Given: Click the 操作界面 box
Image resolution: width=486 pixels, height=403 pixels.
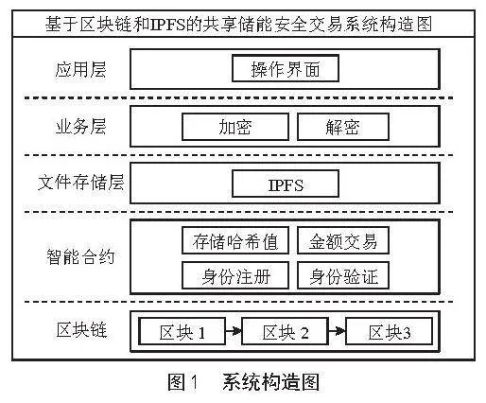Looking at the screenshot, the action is click(286, 68).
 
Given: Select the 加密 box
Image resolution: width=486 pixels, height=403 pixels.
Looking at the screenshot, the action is click(235, 127).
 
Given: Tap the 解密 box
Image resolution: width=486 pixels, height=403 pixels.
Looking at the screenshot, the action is click(343, 127).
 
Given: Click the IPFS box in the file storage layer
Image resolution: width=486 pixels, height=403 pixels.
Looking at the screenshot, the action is click(286, 184).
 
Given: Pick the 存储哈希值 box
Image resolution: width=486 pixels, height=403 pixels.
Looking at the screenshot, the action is click(235, 240).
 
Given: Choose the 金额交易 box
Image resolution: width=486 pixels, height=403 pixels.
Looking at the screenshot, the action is click(343, 240).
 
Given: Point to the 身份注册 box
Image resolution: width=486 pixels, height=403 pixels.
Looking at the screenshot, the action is click(235, 275).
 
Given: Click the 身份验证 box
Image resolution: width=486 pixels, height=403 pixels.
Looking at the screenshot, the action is click(343, 275).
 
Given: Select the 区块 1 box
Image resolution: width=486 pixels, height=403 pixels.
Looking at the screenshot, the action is click(182, 331).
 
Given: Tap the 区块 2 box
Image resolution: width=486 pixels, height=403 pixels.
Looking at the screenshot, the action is click(286, 331).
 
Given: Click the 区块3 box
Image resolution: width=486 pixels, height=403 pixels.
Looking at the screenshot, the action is click(390, 331).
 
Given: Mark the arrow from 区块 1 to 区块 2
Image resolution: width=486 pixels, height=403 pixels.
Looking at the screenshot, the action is click(234, 331).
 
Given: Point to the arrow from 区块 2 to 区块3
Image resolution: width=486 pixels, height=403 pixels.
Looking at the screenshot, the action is click(338, 331).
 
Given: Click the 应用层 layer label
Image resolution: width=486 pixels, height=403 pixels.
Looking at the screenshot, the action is click(80, 69).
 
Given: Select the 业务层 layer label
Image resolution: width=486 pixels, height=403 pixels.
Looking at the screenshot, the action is click(80, 127).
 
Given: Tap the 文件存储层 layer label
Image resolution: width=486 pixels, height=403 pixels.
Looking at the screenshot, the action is click(80, 183).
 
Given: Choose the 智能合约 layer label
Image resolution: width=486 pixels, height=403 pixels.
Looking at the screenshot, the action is click(80, 256).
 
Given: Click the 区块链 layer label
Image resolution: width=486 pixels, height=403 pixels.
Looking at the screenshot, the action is click(81, 329).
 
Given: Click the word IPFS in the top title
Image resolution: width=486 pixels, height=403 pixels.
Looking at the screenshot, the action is click(167, 25).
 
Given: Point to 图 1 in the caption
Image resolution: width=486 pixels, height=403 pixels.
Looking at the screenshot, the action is click(182, 382).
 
